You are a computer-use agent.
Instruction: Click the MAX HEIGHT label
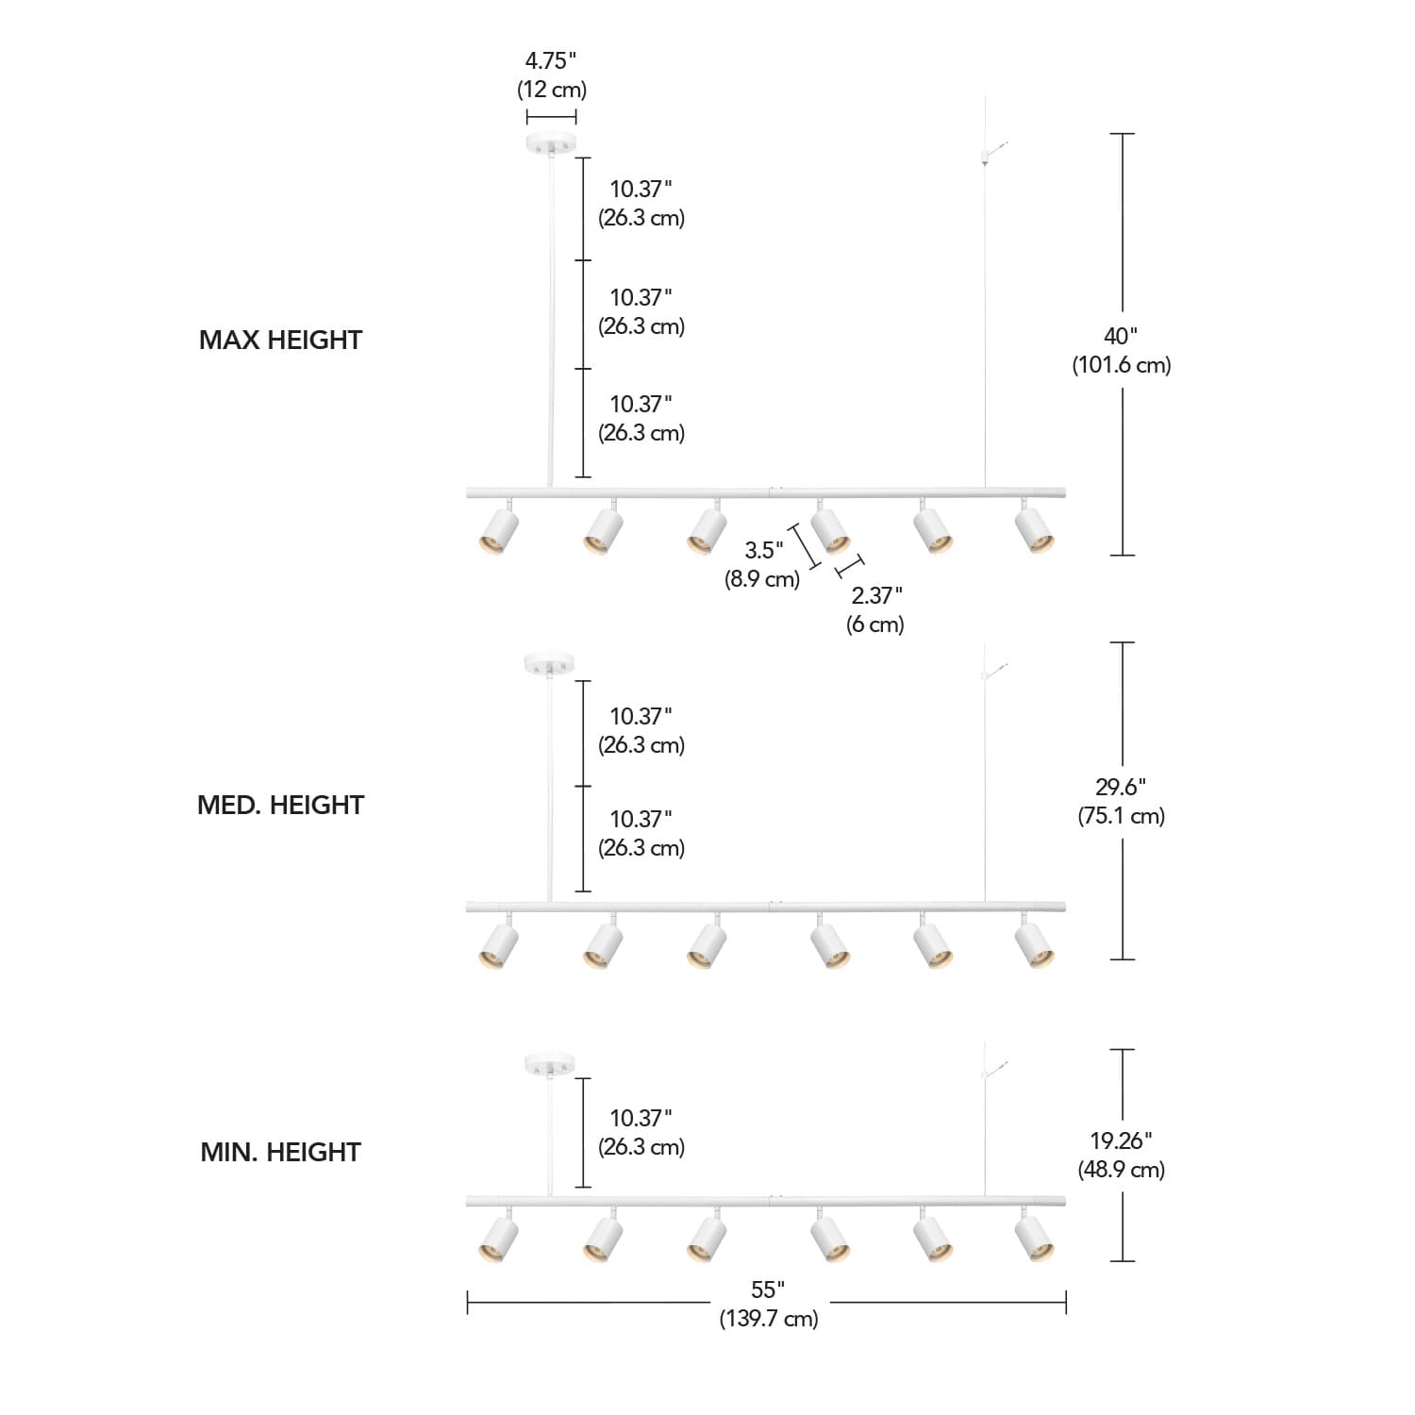[280, 340]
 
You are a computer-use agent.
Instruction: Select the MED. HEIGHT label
[280, 805]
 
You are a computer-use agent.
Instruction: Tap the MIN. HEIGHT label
[280, 1152]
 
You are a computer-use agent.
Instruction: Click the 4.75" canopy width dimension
[551, 61]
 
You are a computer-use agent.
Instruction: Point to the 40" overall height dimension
[1121, 336]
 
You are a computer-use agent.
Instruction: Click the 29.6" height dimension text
[1121, 787]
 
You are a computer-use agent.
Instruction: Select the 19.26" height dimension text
[1121, 1140]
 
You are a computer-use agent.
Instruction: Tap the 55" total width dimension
[768, 1289]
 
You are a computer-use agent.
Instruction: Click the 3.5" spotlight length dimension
[763, 550]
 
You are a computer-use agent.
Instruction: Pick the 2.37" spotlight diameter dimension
[876, 595]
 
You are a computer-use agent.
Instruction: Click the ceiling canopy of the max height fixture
[551, 144]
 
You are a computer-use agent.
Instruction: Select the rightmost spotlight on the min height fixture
[1035, 1239]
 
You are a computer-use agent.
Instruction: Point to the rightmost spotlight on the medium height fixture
[1035, 945]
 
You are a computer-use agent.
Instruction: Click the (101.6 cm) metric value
[1121, 365]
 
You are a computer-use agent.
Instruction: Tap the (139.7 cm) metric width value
[768, 1318]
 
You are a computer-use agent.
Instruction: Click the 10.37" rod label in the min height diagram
[641, 1118]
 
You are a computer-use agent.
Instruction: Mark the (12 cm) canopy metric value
[551, 90]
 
